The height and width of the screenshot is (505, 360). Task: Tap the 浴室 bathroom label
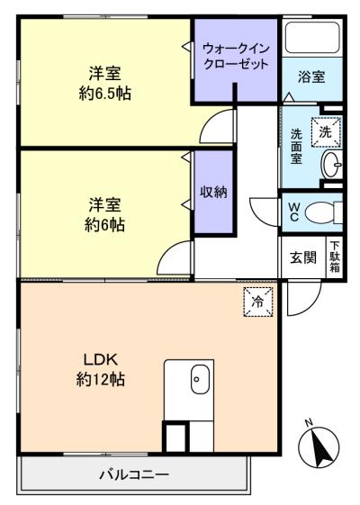[x=312, y=77]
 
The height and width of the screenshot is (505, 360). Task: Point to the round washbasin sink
[x=331, y=165]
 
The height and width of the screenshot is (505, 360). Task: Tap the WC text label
[x=294, y=212]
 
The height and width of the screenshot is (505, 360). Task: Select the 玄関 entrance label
[x=302, y=257]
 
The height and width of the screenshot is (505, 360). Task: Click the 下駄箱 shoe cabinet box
[x=335, y=257]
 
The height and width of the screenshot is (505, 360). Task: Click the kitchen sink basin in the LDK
[x=199, y=381]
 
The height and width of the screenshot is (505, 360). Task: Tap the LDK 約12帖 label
[x=101, y=369]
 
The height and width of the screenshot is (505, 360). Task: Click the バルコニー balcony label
[x=133, y=473]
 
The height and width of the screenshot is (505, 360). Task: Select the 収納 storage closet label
[x=213, y=192]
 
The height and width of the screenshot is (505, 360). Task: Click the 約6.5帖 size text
[x=105, y=93]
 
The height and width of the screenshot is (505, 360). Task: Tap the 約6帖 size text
[x=105, y=224]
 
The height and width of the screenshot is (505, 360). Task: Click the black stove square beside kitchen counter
[x=173, y=437]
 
